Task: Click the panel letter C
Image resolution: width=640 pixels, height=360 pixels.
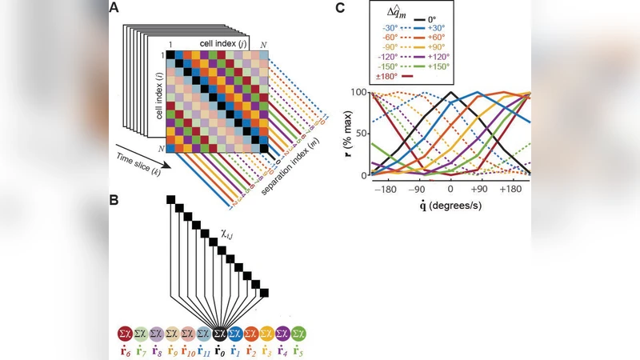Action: pos(341,8)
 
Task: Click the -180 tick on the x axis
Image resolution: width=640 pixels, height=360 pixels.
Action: pos(385,191)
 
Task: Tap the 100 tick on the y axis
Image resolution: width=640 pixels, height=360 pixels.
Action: pos(358,93)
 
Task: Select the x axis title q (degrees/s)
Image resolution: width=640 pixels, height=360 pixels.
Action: pos(450,206)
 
